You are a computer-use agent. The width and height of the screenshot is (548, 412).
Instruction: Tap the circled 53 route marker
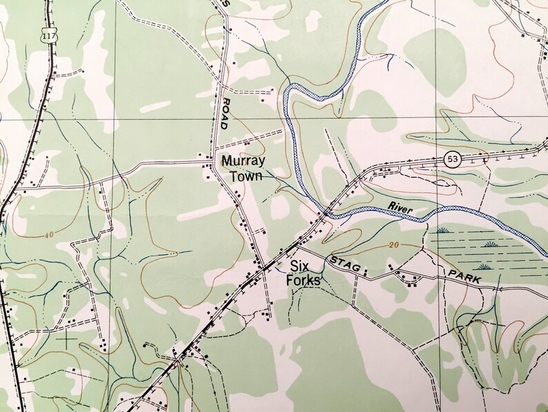click(453, 158)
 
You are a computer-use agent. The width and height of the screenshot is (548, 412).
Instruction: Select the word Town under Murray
click(246, 176)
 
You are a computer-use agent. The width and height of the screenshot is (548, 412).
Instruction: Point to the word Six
click(297, 266)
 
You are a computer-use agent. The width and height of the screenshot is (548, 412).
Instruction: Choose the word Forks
click(304, 281)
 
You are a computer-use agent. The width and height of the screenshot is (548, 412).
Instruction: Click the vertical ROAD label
click(225, 114)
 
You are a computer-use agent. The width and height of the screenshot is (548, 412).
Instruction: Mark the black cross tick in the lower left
click(66, 339)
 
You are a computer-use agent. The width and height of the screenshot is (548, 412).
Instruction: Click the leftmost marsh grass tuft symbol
click(440, 230)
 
